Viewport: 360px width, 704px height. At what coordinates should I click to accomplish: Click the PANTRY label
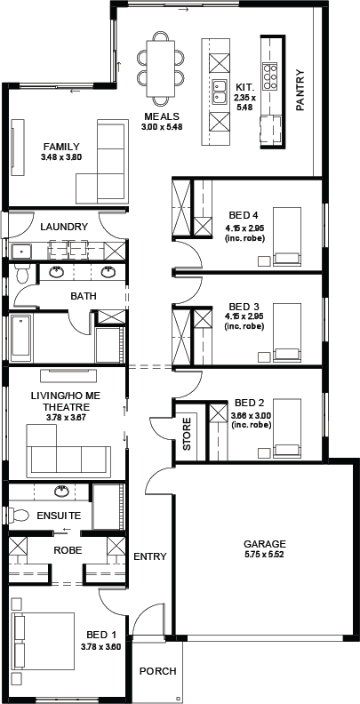300,90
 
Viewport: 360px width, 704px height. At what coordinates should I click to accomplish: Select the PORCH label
157,671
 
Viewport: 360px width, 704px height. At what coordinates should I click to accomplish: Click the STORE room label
188,434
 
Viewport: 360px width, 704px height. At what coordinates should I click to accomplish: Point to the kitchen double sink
220,92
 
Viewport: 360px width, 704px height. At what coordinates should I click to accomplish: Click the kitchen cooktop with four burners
269,75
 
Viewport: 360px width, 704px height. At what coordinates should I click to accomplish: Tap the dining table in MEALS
160,68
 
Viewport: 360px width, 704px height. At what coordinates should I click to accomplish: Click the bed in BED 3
286,332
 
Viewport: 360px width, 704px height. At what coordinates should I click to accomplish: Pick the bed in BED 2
286,428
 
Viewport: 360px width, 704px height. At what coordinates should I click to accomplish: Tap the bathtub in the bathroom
20,339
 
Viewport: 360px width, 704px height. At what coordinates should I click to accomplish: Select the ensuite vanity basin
62,492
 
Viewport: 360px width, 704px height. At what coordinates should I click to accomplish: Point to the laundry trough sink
20,251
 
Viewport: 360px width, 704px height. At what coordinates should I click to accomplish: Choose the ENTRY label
150,556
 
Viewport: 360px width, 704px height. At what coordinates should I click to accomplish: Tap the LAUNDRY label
64,227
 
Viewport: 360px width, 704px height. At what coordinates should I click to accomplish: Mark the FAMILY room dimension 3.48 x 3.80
61,157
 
